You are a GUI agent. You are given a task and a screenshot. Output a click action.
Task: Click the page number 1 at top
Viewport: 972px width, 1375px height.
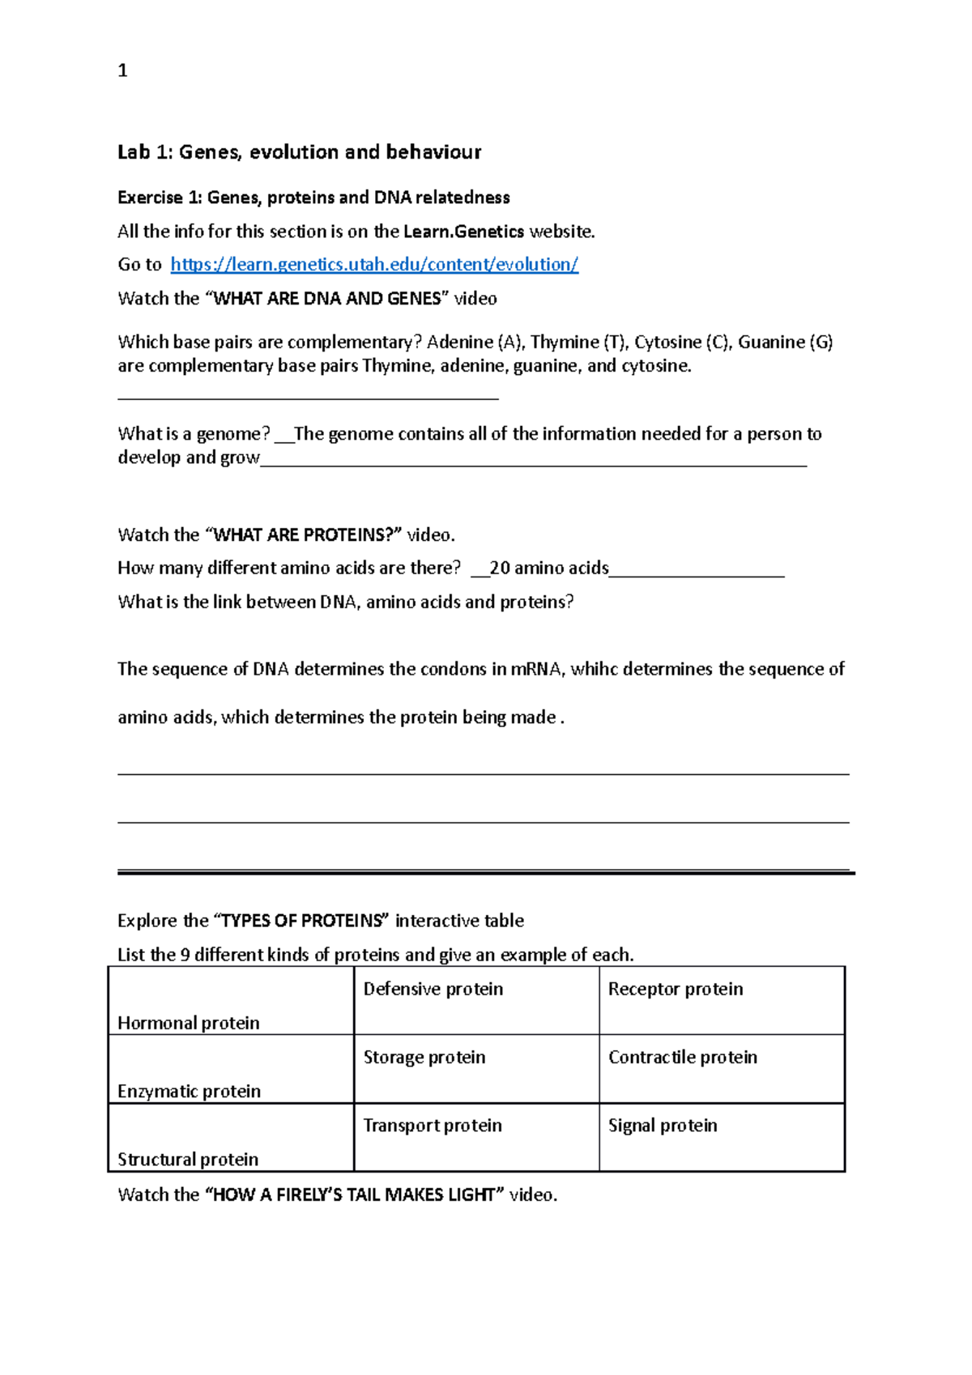[x=122, y=71]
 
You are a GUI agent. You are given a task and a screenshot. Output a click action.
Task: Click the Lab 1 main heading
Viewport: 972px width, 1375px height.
[x=299, y=152]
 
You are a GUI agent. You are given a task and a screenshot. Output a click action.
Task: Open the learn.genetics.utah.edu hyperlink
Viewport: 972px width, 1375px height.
[x=374, y=265]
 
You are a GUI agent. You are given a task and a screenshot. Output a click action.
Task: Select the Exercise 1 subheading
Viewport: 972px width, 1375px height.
[x=313, y=198]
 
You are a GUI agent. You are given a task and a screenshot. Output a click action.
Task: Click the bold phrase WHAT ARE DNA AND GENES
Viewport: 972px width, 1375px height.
[x=327, y=299]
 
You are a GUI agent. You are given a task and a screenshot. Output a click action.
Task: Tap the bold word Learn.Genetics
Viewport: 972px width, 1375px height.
[x=463, y=232]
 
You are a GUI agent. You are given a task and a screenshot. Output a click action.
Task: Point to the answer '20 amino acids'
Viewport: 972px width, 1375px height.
[x=548, y=568]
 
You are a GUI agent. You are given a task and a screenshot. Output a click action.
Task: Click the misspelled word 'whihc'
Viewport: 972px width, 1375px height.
[x=594, y=670]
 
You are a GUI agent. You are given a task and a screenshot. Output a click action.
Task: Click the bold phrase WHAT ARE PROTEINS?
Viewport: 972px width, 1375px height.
[x=307, y=535]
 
